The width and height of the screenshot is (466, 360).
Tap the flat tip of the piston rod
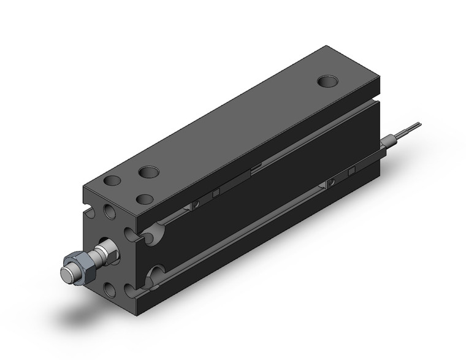tap(66, 271)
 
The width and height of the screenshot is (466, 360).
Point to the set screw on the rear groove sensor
tap(330, 182)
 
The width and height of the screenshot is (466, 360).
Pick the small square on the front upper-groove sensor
tap(215, 195)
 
